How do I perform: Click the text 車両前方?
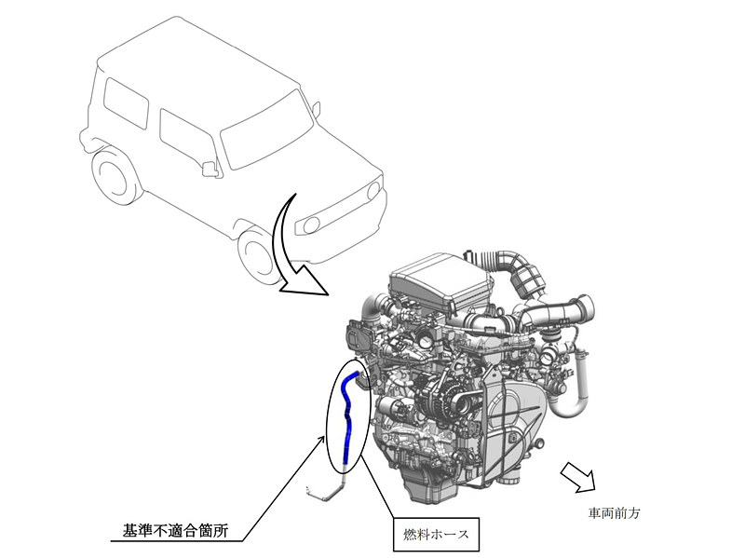tap(614, 512)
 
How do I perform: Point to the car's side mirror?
tap(210, 169)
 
